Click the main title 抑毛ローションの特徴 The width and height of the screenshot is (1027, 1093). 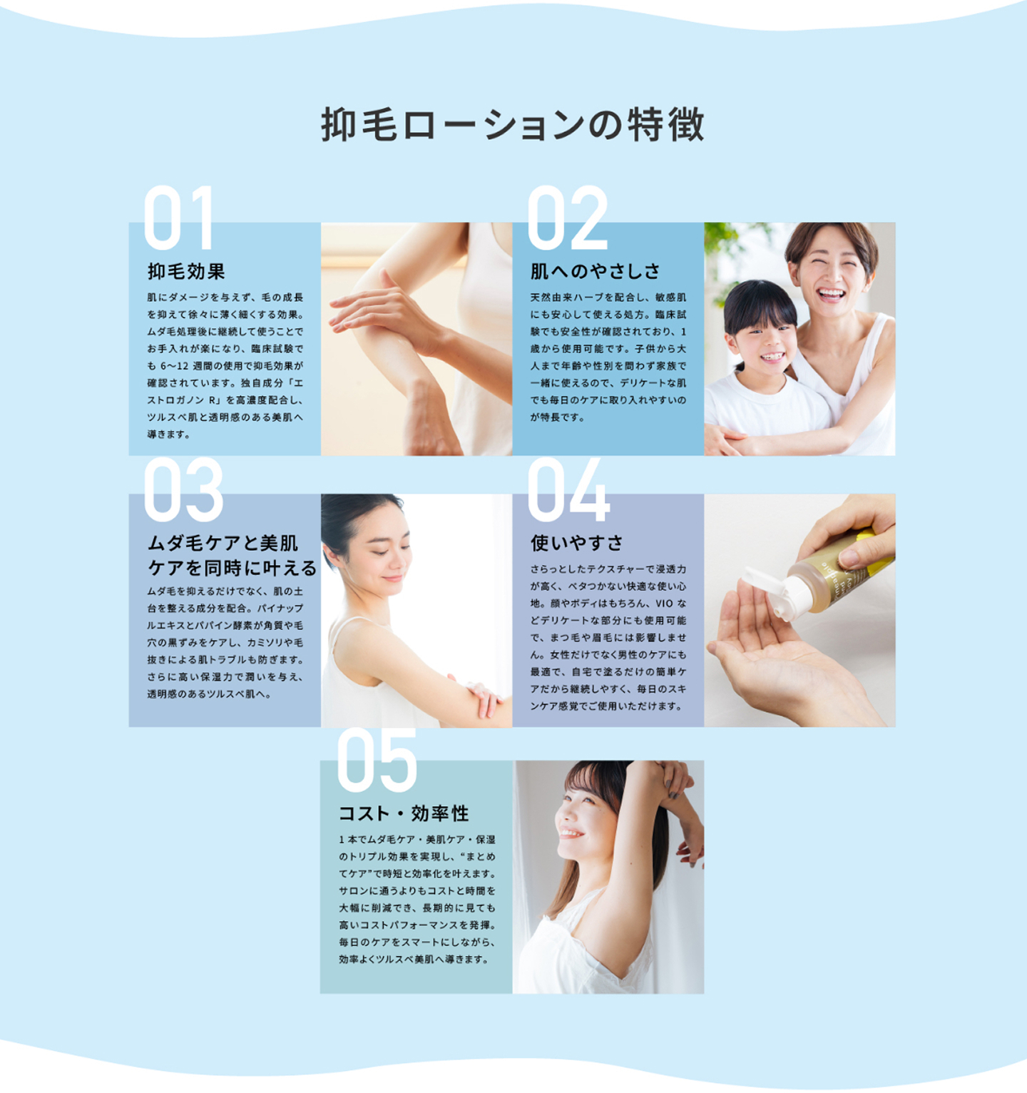tap(513, 125)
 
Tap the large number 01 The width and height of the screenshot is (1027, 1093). tap(178, 218)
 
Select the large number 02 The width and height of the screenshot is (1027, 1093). tap(568, 218)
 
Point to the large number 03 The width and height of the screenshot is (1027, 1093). tap(184, 489)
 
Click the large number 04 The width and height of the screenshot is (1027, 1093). tap(568, 489)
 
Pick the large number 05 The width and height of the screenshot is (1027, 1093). tap(377, 760)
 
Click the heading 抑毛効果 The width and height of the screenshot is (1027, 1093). tap(186, 271)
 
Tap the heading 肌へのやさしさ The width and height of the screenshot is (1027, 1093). tap(596, 271)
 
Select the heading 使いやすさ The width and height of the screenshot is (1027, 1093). tap(576, 543)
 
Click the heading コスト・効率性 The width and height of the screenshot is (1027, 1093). tap(404, 813)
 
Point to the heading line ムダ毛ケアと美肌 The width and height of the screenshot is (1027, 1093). tap(223, 543)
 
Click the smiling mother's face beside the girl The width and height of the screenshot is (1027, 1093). tap(832, 275)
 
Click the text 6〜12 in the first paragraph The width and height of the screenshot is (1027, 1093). tap(174, 366)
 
